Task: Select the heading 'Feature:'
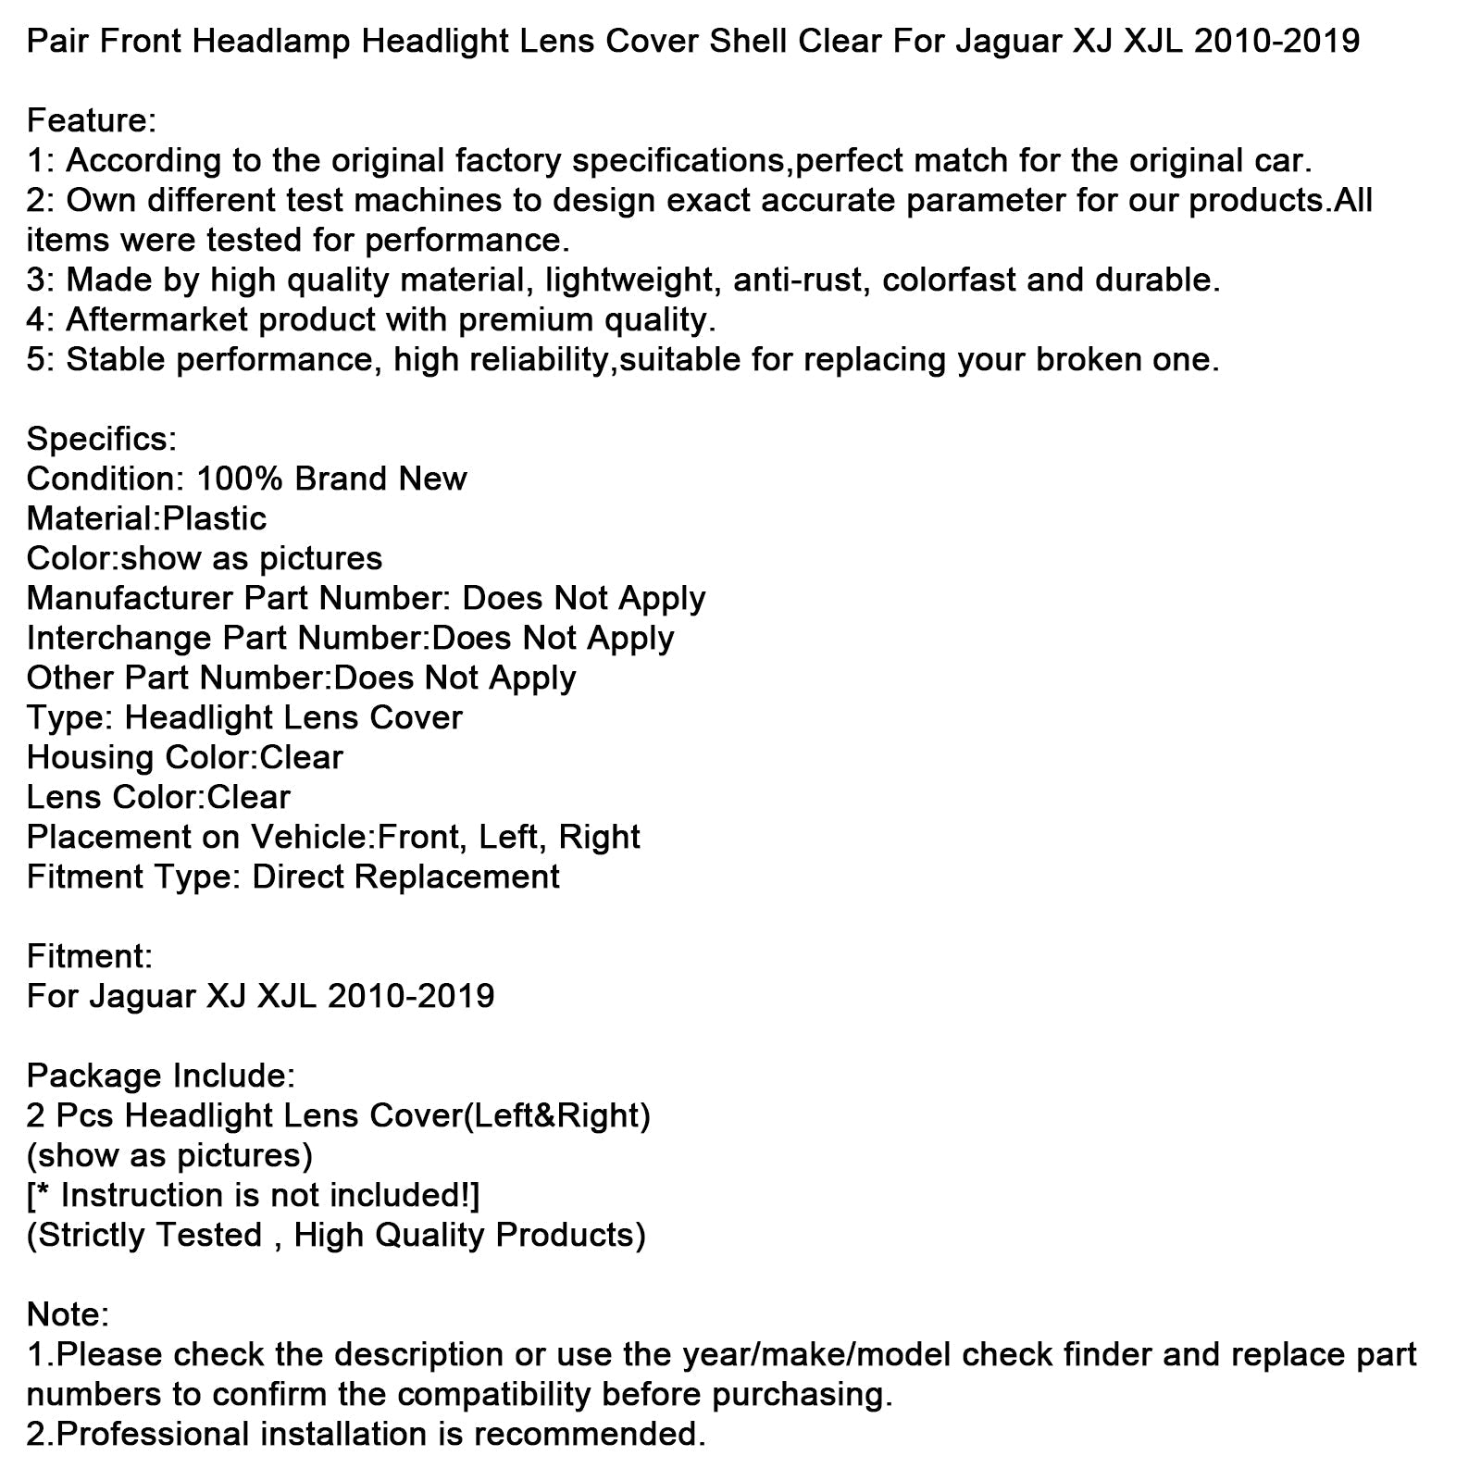tap(92, 121)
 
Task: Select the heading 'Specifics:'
tap(102, 440)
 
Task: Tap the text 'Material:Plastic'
tap(146, 519)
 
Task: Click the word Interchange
tap(119, 639)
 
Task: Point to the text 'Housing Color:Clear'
tap(184, 758)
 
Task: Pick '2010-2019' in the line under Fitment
tap(411, 997)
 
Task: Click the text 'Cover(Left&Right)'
tap(510, 1116)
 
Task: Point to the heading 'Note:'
tap(68, 1315)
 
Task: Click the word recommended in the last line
tap(590, 1435)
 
